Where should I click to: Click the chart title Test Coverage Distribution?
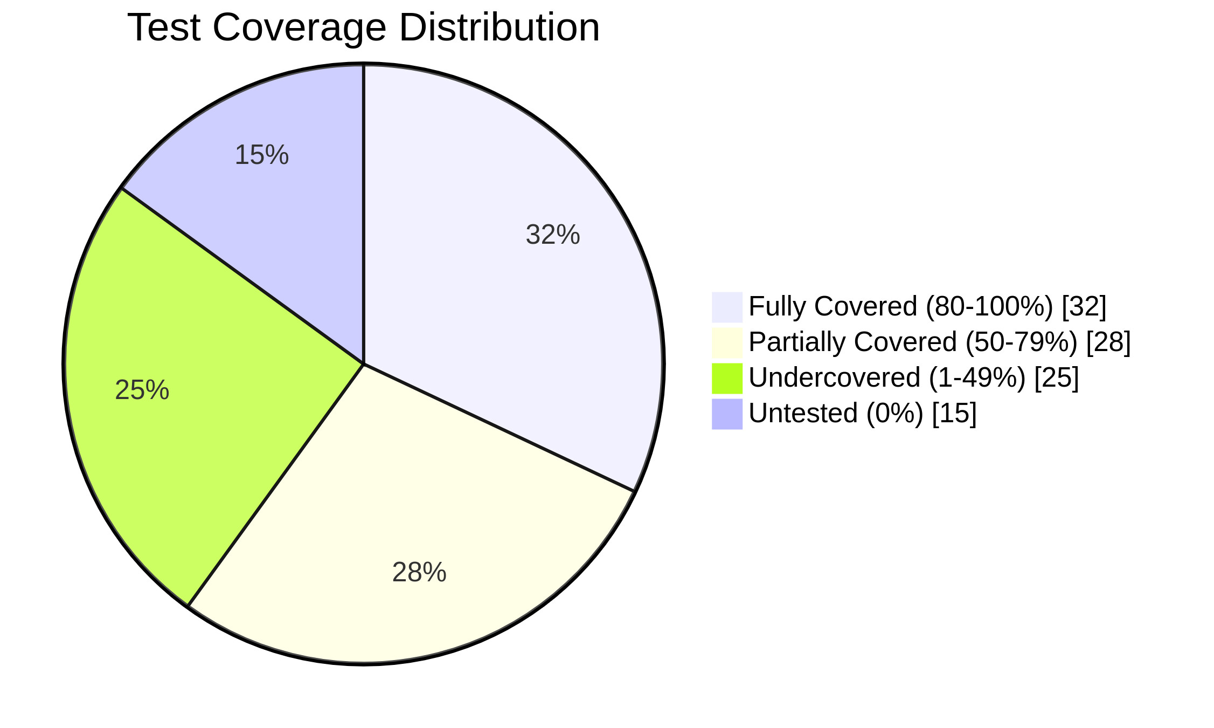pyautogui.click(x=363, y=28)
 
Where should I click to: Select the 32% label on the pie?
pyautogui.click(x=552, y=235)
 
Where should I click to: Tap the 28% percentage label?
pyautogui.click(x=419, y=573)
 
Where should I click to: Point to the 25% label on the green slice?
pyautogui.click(x=142, y=390)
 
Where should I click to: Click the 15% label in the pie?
pyautogui.click(x=262, y=155)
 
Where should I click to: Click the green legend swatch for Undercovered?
pyautogui.click(x=727, y=378)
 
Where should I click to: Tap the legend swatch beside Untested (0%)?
pyautogui.click(x=727, y=414)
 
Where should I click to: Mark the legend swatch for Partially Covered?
pyautogui.click(x=727, y=342)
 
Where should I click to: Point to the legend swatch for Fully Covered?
pyautogui.click(x=727, y=307)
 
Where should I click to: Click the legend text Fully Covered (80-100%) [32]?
pyautogui.click(x=927, y=306)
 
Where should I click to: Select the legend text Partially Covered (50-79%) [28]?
pyautogui.click(x=939, y=342)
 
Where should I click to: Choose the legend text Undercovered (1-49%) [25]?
pyautogui.click(x=913, y=377)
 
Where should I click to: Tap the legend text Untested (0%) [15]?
pyautogui.click(x=863, y=413)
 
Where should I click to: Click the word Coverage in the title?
pyautogui.click(x=300, y=28)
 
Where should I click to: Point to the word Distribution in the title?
pyautogui.click(x=499, y=28)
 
